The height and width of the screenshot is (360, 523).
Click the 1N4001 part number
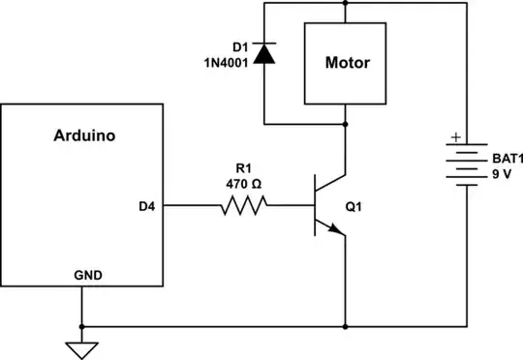tap(229, 64)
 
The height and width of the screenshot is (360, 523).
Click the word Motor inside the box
tap(345, 63)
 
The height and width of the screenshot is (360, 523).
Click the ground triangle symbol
tap(83, 346)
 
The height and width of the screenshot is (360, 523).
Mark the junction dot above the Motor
tap(345, 2)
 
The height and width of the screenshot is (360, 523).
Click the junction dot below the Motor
tap(345, 124)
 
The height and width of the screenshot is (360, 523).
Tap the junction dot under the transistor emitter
tap(345, 325)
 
